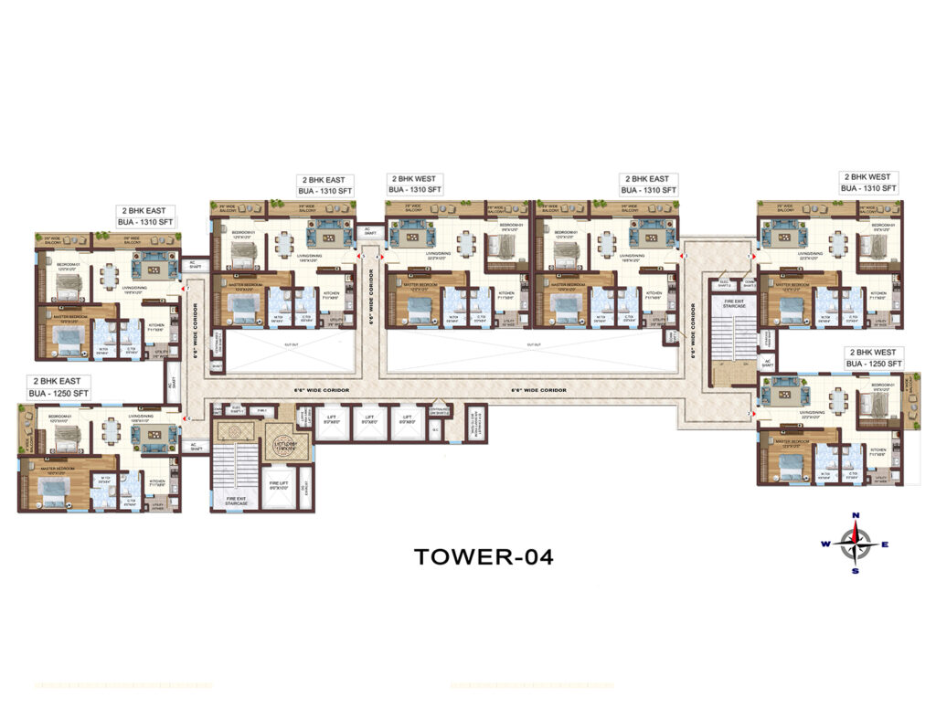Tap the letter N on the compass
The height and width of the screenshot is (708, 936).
pos(856,515)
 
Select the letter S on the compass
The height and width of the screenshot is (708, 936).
pos(856,571)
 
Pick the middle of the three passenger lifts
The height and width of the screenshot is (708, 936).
pos(369,423)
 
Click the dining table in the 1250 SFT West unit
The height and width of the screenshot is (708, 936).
pos(839,398)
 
